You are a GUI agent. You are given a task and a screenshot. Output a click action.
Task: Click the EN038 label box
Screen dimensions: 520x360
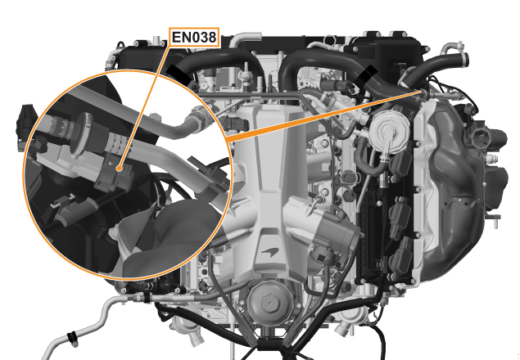194,37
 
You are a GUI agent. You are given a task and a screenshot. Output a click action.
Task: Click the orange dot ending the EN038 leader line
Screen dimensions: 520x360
119,169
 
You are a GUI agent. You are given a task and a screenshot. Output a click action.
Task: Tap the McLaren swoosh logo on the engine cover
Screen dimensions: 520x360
270,252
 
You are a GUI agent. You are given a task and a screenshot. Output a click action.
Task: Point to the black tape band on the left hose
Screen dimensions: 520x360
179,74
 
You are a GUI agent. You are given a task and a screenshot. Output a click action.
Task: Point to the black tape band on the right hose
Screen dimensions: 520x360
366,75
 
